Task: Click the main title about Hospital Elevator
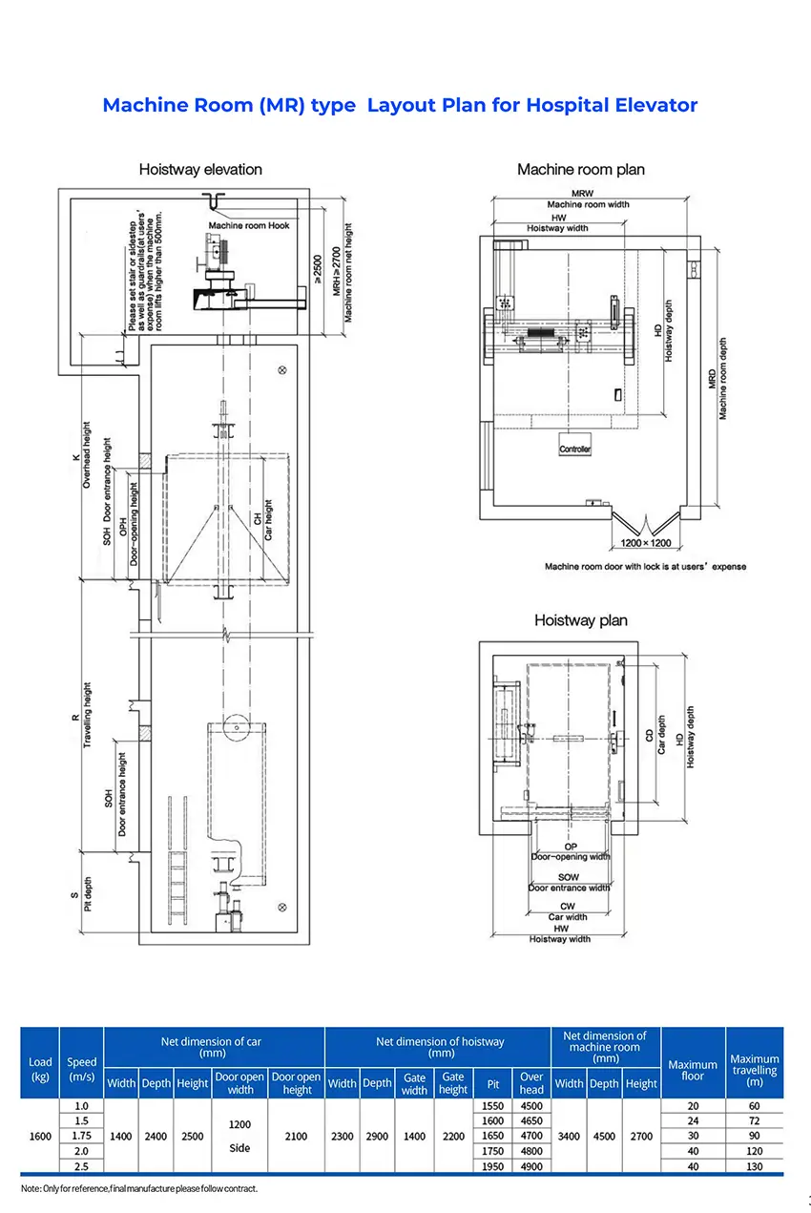tap(400, 105)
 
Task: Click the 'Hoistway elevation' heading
tap(200, 170)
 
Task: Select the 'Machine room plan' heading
tap(580, 170)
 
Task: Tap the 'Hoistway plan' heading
tap(580, 620)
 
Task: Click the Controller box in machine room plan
tap(575, 449)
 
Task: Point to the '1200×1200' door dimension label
tap(647, 542)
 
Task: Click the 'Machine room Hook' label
tap(249, 226)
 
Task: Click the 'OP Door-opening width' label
tap(571, 851)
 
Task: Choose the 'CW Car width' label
tap(568, 911)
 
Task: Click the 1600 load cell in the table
tap(40, 1136)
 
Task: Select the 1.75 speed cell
tap(81, 1136)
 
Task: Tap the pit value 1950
tap(492, 1167)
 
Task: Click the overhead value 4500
tap(531, 1105)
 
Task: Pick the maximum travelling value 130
tap(754, 1167)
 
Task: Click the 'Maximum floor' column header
tap(693, 1070)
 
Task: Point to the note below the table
tap(139, 1188)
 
